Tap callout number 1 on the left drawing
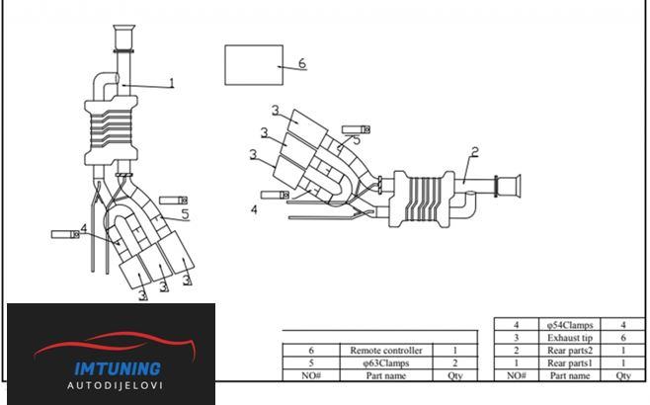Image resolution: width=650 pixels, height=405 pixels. click(172, 83)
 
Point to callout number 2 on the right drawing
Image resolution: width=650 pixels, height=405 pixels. click(475, 152)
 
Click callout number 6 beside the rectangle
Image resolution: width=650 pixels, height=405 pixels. click(302, 63)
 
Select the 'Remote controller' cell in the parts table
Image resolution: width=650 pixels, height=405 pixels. click(386, 351)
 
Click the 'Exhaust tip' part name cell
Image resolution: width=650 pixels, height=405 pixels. click(570, 338)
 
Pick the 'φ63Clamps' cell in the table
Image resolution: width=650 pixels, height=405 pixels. click(386, 364)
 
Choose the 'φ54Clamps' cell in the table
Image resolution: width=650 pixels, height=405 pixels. click(570, 325)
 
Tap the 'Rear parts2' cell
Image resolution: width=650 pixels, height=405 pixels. click(570, 351)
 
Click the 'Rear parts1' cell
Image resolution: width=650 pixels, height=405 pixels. click(570, 364)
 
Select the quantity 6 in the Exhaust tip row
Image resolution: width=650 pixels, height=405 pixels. click(623, 338)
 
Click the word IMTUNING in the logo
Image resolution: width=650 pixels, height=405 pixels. click(118, 368)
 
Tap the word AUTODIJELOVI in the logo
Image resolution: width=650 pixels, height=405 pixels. click(115, 385)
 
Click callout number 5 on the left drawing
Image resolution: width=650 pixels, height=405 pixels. click(185, 214)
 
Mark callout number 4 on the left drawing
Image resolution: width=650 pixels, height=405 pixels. click(84, 228)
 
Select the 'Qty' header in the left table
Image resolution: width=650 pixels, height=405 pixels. click(454, 376)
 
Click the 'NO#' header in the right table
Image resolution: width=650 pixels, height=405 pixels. click(516, 376)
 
